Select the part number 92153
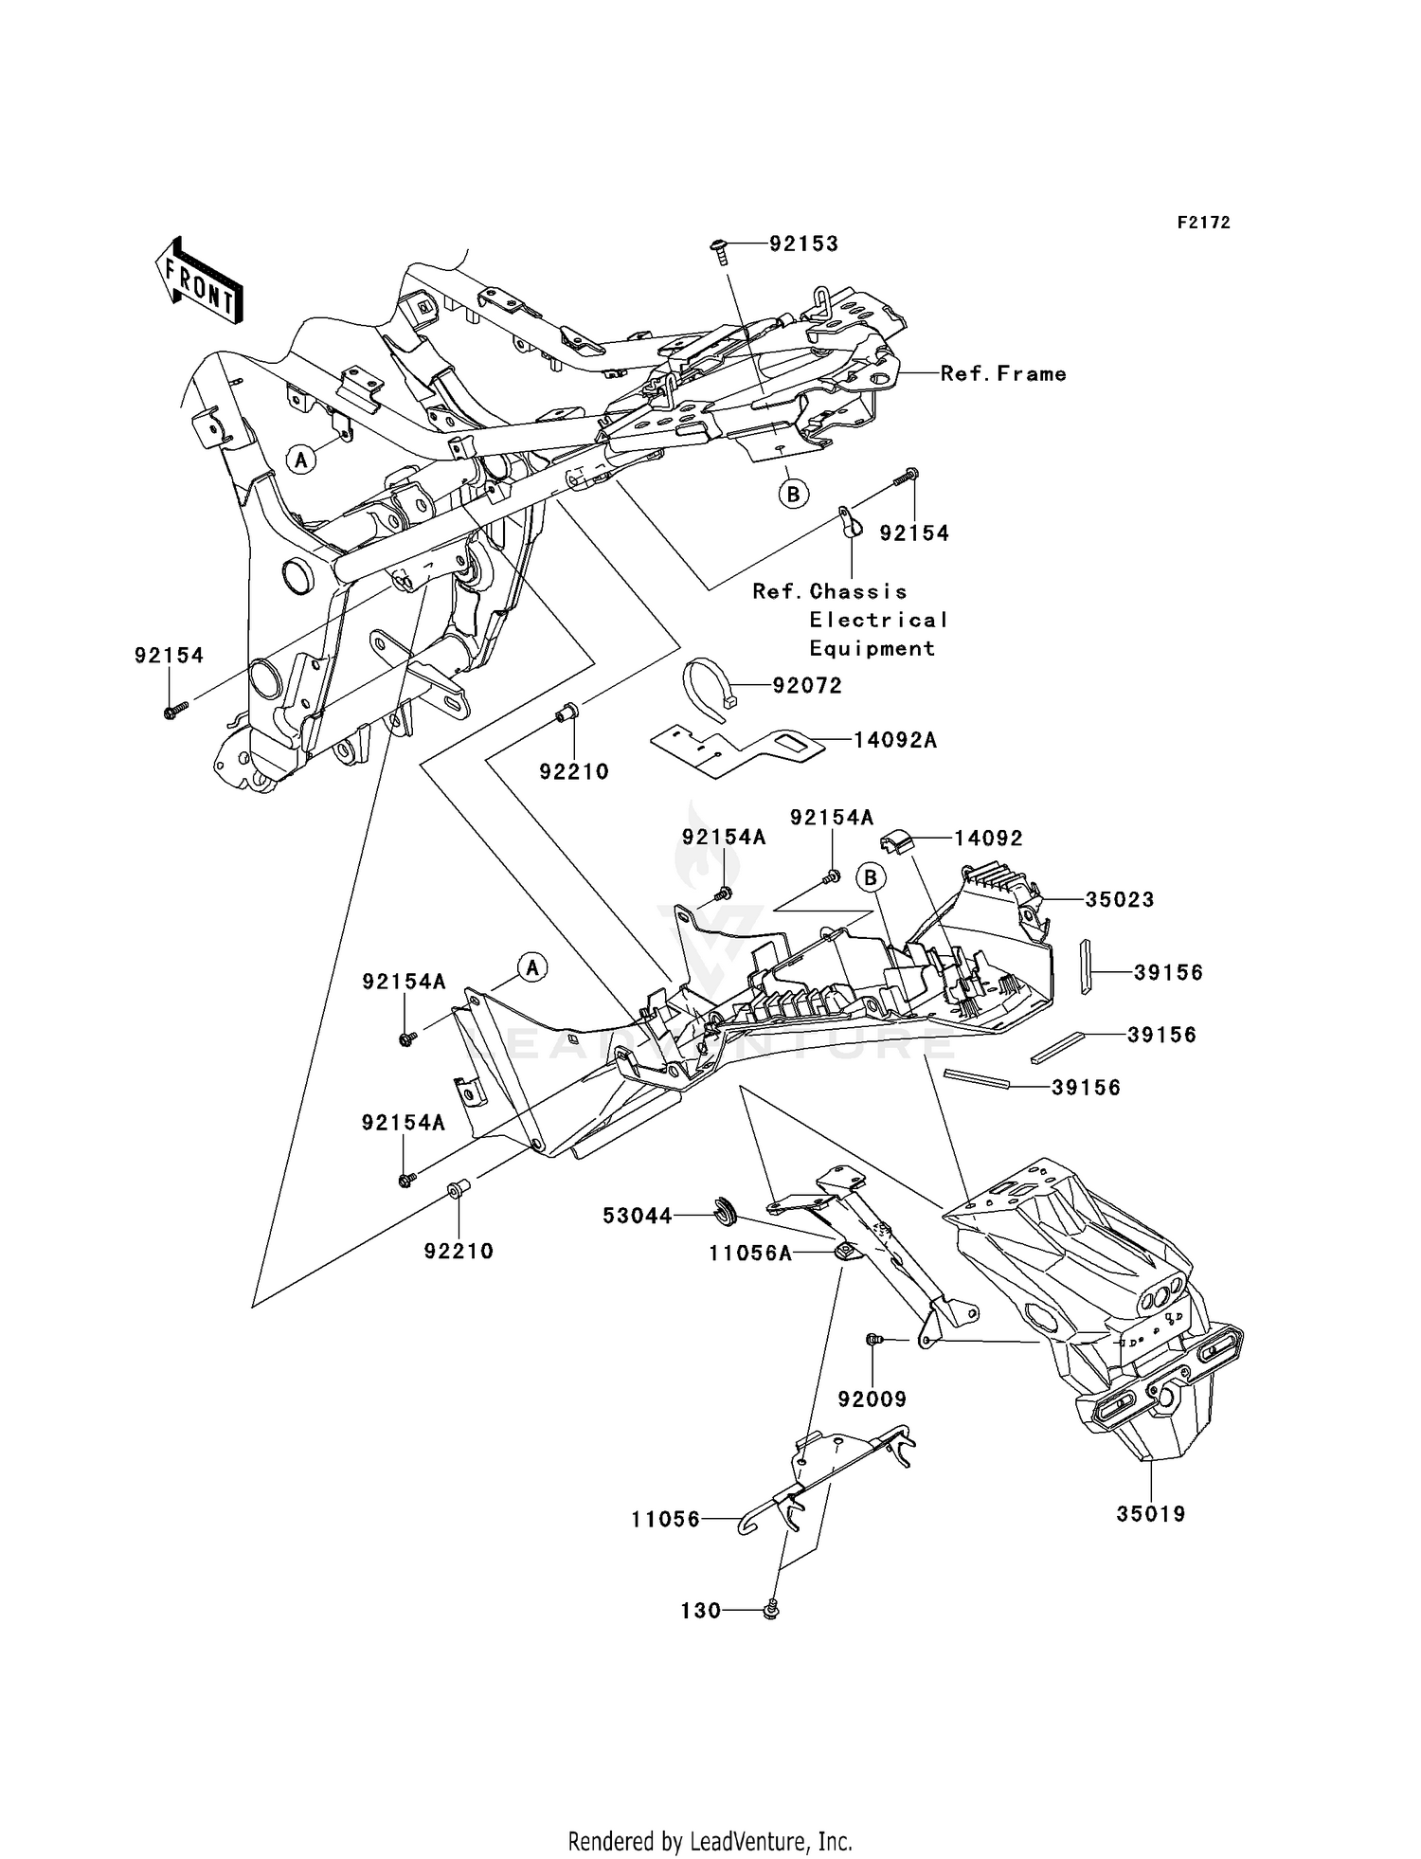[x=803, y=244]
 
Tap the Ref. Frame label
[x=1003, y=374]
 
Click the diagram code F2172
[x=1203, y=223]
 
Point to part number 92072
[x=807, y=685]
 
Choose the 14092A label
[x=895, y=740]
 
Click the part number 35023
[x=1120, y=899]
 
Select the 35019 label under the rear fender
[x=1151, y=1514]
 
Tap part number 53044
[x=638, y=1216]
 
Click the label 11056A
[x=750, y=1254]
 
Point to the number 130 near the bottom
[x=701, y=1611]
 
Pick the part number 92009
[x=872, y=1399]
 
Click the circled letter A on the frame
[x=301, y=460]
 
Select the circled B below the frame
[x=794, y=494]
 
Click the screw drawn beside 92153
[x=721, y=248]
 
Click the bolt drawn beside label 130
[x=771, y=1610]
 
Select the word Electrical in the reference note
[x=878, y=620]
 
